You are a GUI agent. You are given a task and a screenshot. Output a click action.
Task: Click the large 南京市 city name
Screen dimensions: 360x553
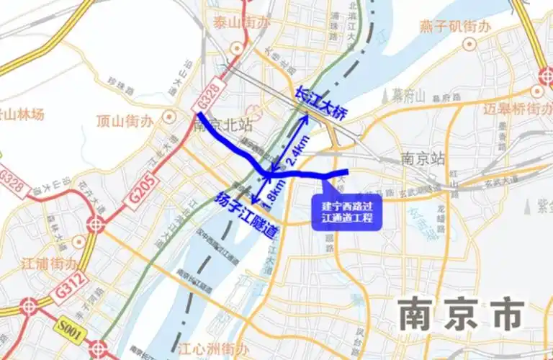461,315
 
